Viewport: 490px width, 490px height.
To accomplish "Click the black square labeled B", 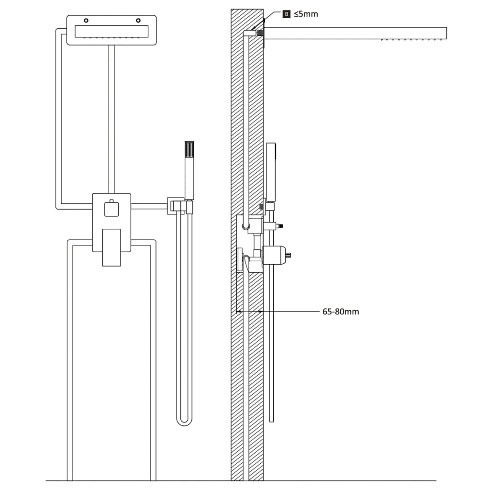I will tap(287, 14).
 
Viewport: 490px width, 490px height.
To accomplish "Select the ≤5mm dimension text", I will tap(306, 14).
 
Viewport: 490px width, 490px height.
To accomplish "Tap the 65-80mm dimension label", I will tap(340, 312).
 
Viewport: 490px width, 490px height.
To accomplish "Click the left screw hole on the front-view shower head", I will tap(86, 21).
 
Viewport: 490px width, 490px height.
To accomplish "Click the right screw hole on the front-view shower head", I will tap(138, 21).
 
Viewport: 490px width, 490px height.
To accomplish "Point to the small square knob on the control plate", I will tap(111, 209).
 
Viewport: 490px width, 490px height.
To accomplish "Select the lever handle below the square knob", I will tap(111, 247).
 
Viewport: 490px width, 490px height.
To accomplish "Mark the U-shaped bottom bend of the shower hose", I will tap(184, 421).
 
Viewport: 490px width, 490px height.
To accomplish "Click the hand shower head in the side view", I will tap(271, 171).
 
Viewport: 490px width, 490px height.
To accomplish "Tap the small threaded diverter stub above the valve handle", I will tap(280, 225).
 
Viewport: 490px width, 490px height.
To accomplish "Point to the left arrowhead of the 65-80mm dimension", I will tap(239, 312).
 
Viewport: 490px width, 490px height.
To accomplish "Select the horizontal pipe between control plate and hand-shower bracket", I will tap(149, 206).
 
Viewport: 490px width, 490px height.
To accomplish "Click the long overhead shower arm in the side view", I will tap(354, 33).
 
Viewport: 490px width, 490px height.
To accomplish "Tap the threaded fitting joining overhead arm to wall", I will tap(261, 33).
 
